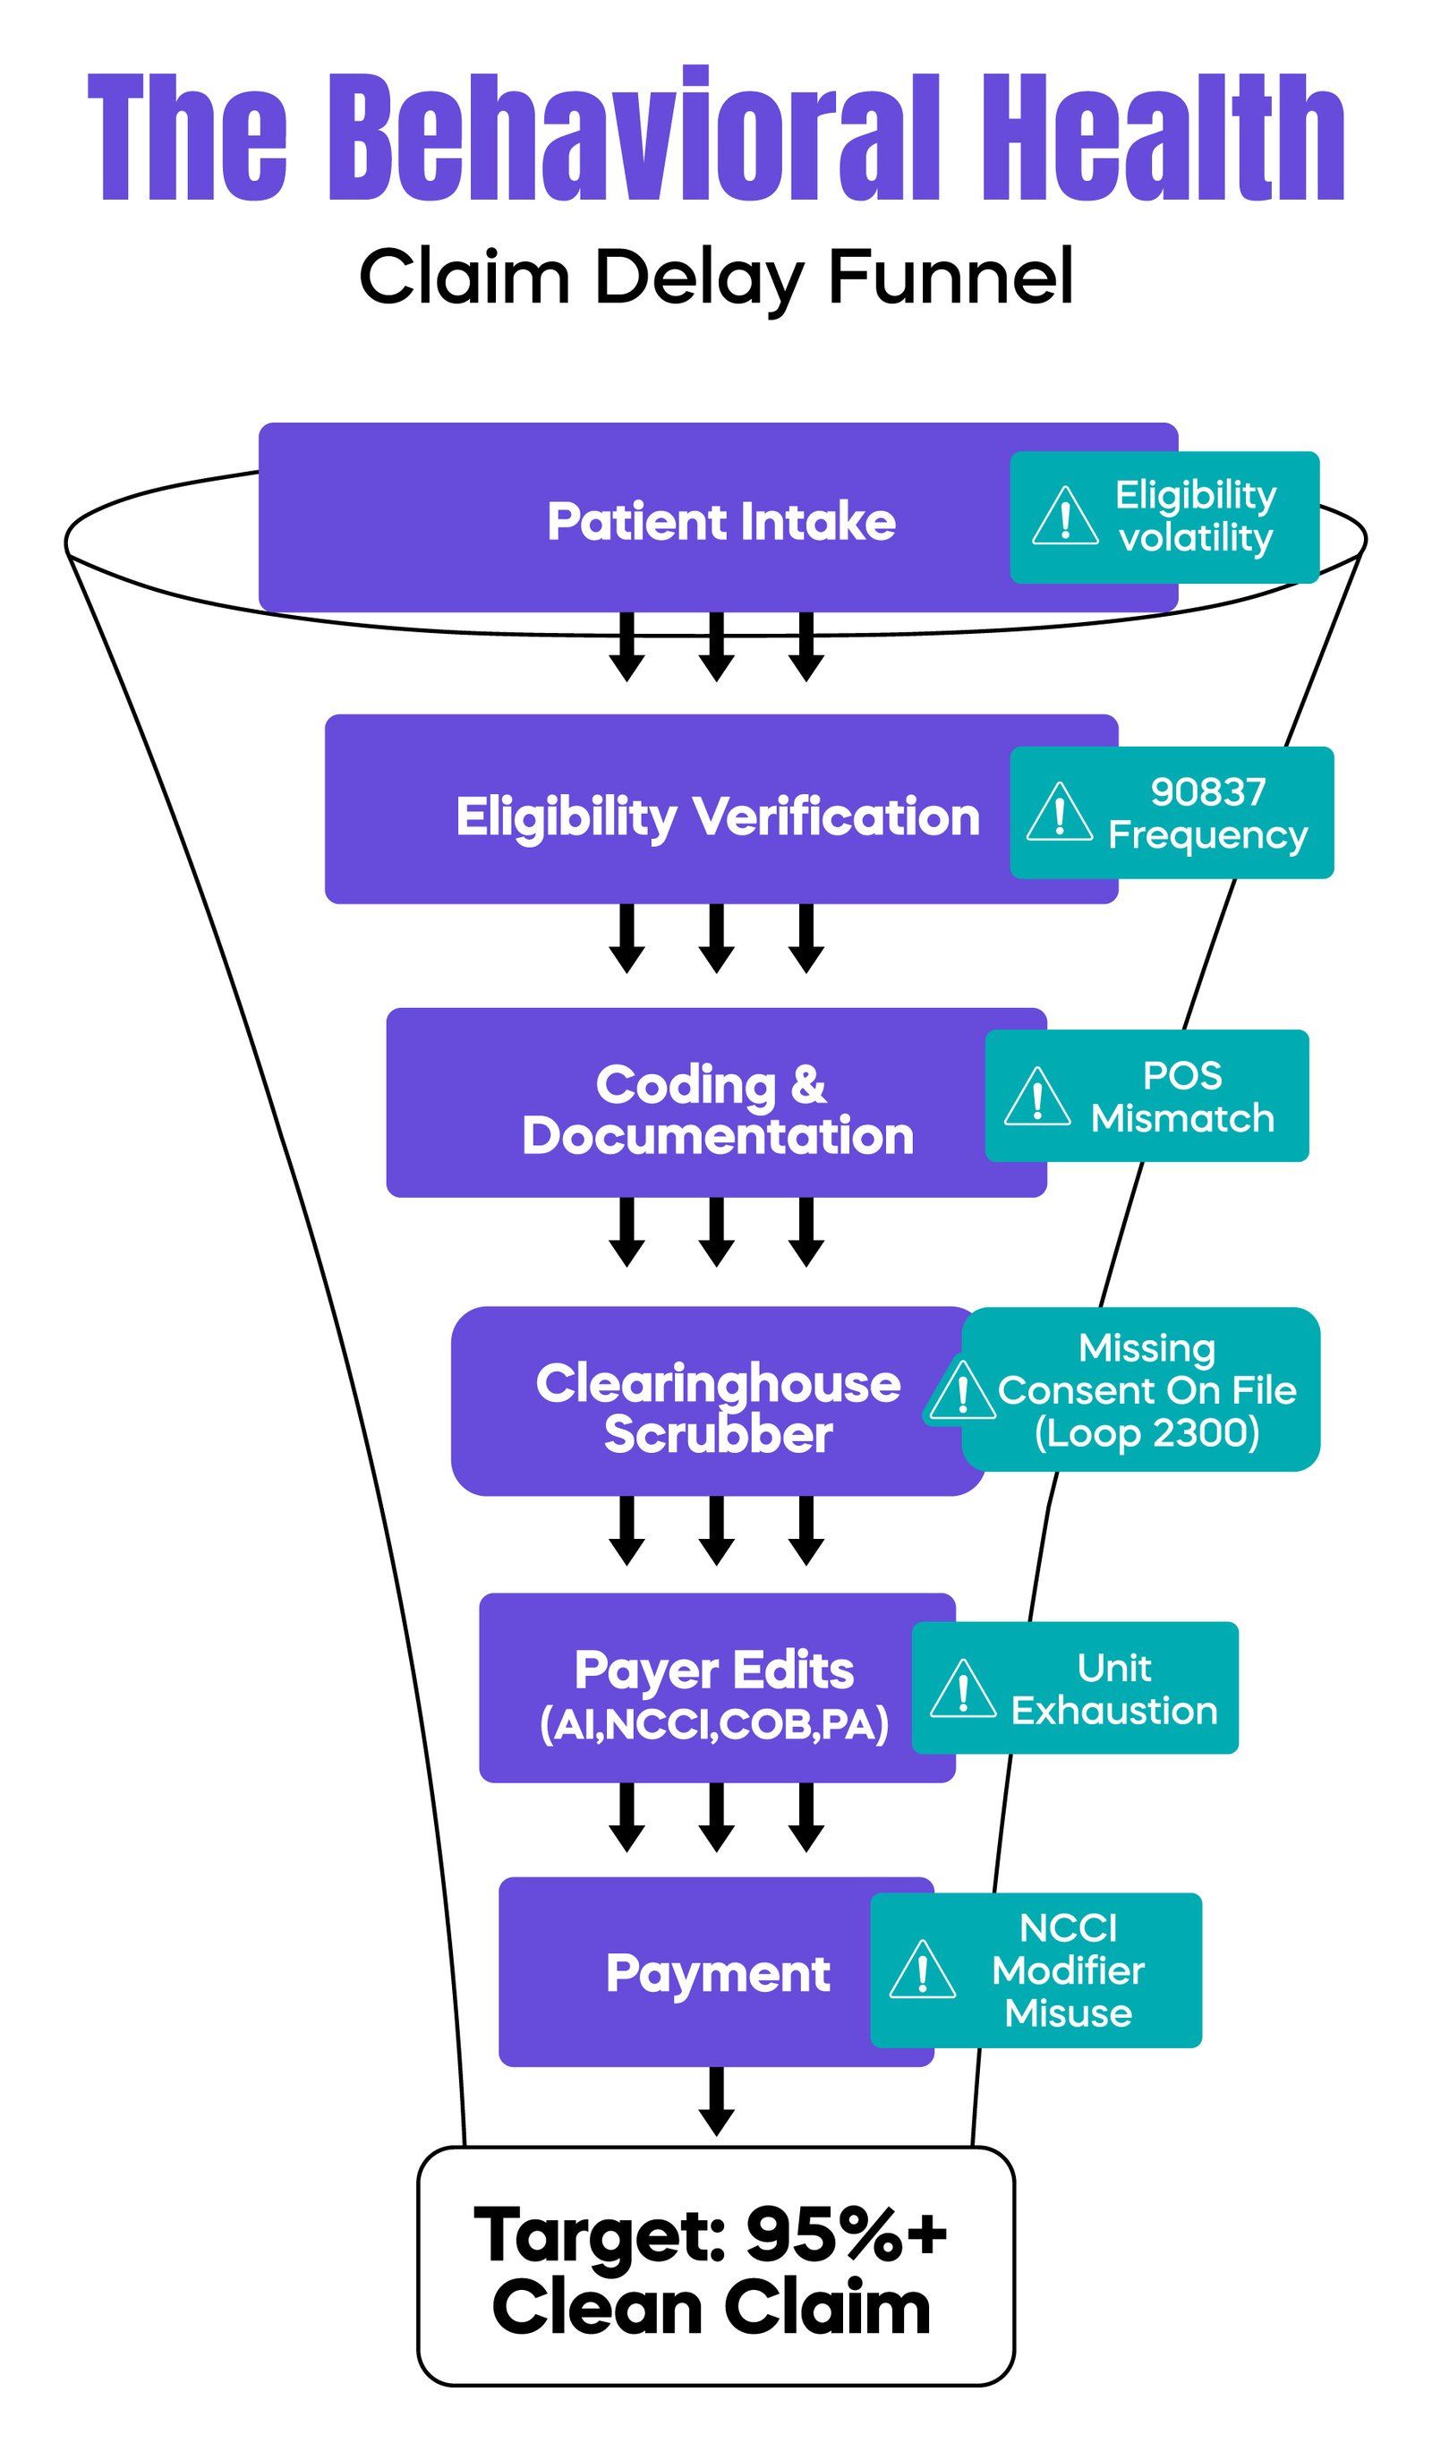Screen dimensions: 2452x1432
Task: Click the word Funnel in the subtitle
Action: coord(950,278)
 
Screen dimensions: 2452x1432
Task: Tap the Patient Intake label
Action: coord(720,522)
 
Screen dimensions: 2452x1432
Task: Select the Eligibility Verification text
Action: coord(717,816)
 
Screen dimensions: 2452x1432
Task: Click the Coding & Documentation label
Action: coord(717,1110)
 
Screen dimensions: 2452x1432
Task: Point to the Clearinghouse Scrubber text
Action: coord(717,1408)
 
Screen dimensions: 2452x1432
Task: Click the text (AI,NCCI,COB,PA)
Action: coord(714,1724)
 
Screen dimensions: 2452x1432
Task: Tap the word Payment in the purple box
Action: coord(717,1973)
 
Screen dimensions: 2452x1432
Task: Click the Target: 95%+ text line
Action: coord(709,2235)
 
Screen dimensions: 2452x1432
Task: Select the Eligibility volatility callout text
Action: coord(1195,517)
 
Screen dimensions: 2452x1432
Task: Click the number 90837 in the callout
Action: coord(1207,792)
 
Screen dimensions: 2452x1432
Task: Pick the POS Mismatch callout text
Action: coord(1181,1097)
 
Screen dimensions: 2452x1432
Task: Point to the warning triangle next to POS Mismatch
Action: coord(1036,1098)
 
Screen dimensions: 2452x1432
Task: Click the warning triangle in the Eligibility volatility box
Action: coord(1064,517)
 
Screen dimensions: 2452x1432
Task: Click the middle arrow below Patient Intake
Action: coord(716,647)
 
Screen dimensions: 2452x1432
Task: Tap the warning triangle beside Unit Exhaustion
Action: coord(962,1690)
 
